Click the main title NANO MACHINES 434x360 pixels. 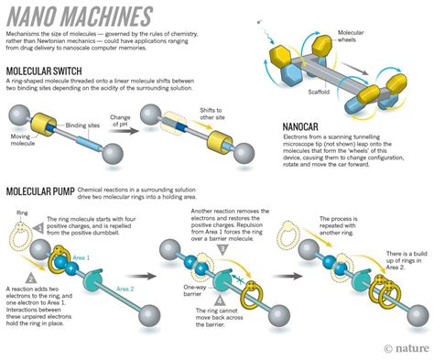click(x=77, y=16)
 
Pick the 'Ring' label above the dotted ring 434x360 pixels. click(x=21, y=213)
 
